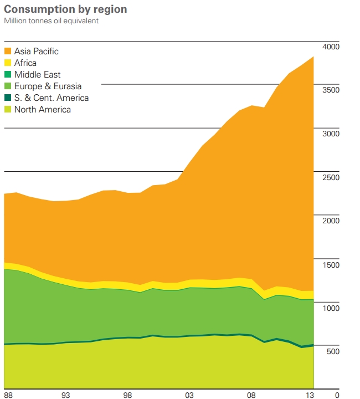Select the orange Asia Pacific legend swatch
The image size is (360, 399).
coord(8,52)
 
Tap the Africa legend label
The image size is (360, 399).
coord(25,63)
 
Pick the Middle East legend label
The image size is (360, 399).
coord(38,75)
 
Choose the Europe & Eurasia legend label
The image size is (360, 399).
coord(48,86)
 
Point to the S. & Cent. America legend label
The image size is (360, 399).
coord(52,98)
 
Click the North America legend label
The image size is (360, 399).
coord(43,110)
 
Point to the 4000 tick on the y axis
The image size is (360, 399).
coord(331,47)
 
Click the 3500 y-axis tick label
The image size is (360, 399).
coord(331,90)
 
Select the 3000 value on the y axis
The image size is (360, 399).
coord(331,134)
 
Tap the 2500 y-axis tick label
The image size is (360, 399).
coord(331,177)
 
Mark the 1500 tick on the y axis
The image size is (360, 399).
coord(331,265)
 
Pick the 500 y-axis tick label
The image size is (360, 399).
coord(333,352)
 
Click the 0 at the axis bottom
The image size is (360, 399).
coord(337,395)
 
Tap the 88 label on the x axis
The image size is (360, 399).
coord(8,395)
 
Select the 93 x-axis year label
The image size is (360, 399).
coord(65,395)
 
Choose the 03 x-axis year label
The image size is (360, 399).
coord(189,395)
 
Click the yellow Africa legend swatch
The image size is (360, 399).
coord(8,63)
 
